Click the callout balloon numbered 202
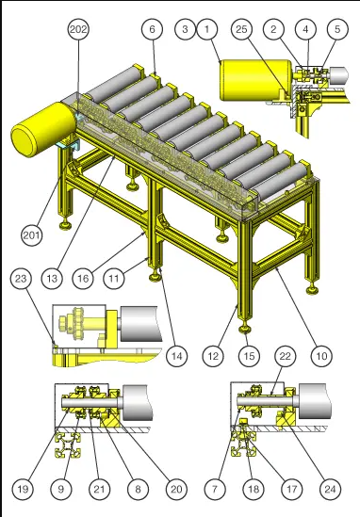(78, 29)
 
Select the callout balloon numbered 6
(152, 29)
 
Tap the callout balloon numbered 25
(241, 29)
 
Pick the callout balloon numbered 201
(32, 235)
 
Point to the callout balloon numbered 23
(21, 279)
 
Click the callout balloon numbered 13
(52, 279)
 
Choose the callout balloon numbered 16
(83, 279)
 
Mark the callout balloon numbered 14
(177, 356)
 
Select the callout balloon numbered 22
(286, 356)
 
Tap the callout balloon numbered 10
(321, 356)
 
